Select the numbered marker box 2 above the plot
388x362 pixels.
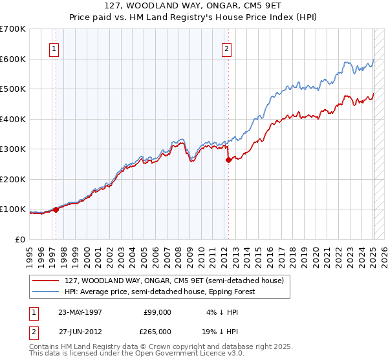[227, 48]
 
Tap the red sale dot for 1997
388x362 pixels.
[56, 209]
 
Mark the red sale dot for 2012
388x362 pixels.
[228, 160]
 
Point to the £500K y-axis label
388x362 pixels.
[13, 89]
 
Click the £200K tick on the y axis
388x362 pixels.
[13, 179]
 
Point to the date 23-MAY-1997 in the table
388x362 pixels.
[80, 312]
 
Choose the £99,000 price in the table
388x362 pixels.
[156, 312]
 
